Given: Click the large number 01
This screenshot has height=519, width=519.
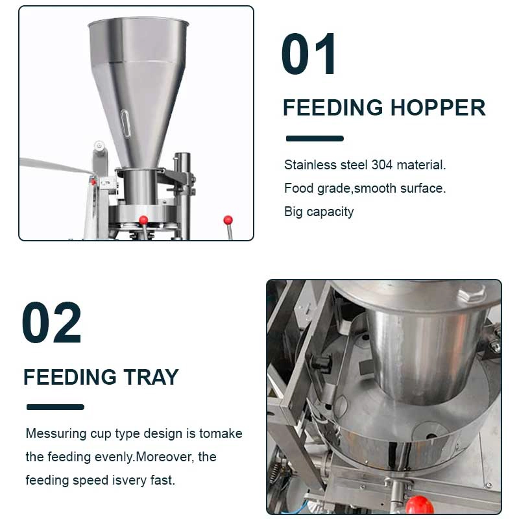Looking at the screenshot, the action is coord(308,54).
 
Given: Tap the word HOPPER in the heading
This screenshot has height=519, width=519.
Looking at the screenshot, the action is coord(438,108).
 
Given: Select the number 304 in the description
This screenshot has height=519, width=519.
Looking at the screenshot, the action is coord(381,165).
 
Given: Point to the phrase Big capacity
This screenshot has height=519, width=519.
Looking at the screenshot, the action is coord(319,212).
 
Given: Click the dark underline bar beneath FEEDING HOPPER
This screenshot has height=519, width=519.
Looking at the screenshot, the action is coord(315,138).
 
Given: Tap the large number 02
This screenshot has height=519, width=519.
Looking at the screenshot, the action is coord(52,322).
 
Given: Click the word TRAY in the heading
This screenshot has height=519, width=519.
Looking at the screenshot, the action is coord(151,377).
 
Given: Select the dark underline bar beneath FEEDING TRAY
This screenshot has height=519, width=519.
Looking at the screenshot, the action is coord(55,407).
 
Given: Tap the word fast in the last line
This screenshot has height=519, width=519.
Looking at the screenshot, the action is coord(163,480).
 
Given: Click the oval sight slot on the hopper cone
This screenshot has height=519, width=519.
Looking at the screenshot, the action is coord(125,124).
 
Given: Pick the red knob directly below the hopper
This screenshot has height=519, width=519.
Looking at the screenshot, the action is coord(143,220).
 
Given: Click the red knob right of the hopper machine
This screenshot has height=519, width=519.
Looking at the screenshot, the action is coord(228,220).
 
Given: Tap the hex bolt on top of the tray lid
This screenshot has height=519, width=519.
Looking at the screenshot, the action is coord(471,294).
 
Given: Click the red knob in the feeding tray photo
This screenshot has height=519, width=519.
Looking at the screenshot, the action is coord(419,505).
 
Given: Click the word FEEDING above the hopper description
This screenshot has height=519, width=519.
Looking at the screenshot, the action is coord(333,108).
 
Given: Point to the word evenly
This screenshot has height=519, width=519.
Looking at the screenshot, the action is coord(114,457).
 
